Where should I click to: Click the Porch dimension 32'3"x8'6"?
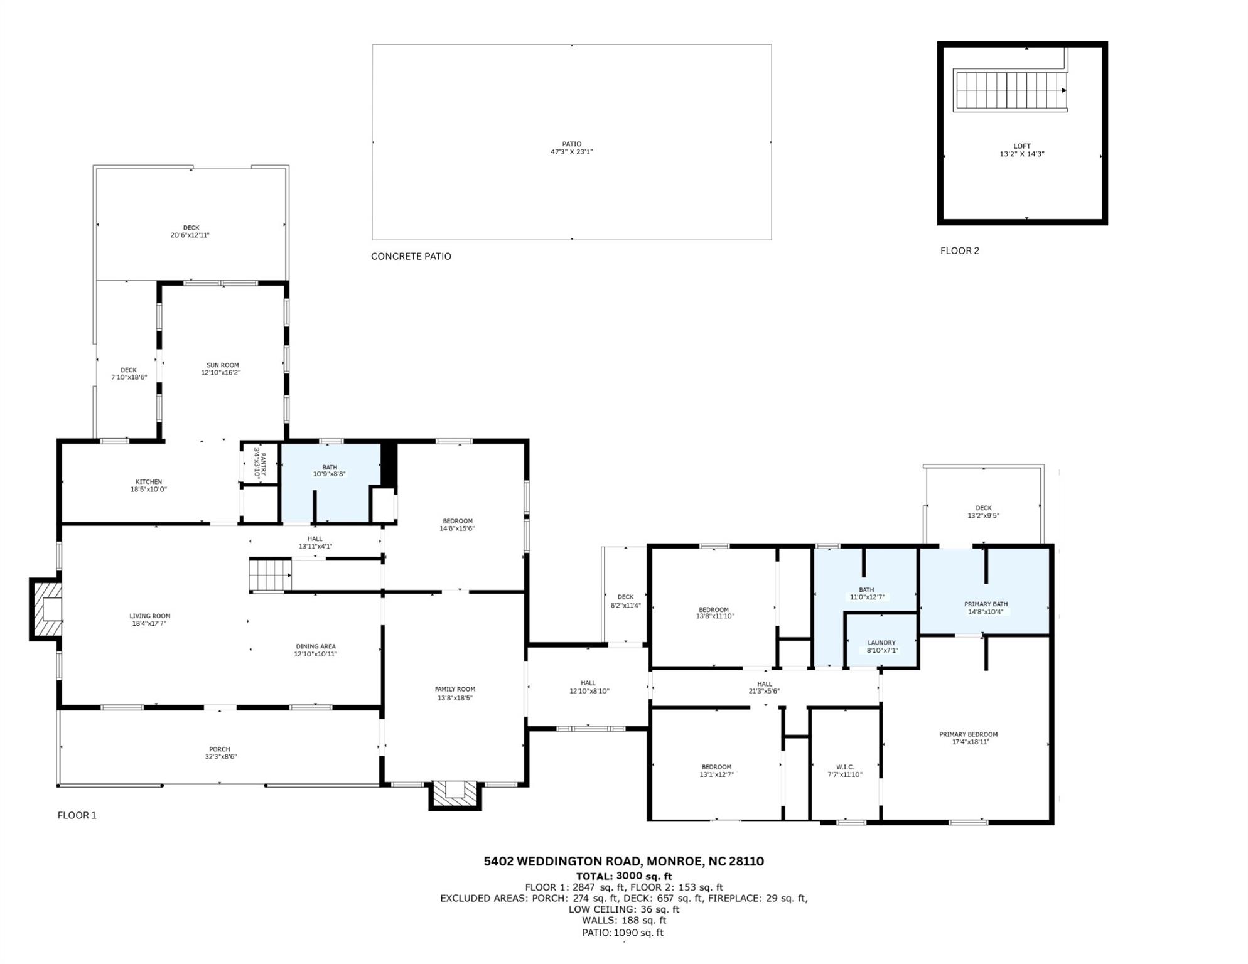(x=219, y=757)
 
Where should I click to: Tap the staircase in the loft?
(x=1010, y=90)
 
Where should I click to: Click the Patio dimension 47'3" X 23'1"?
(x=571, y=152)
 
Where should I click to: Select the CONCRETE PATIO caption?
(x=411, y=256)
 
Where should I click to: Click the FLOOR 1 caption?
(x=77, y=815)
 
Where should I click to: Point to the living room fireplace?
(x=46, y=609)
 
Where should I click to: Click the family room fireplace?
(x=455, y=795)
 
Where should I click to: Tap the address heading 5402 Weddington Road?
(x=623, y=862)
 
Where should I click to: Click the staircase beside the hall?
(x=271, y=575)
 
